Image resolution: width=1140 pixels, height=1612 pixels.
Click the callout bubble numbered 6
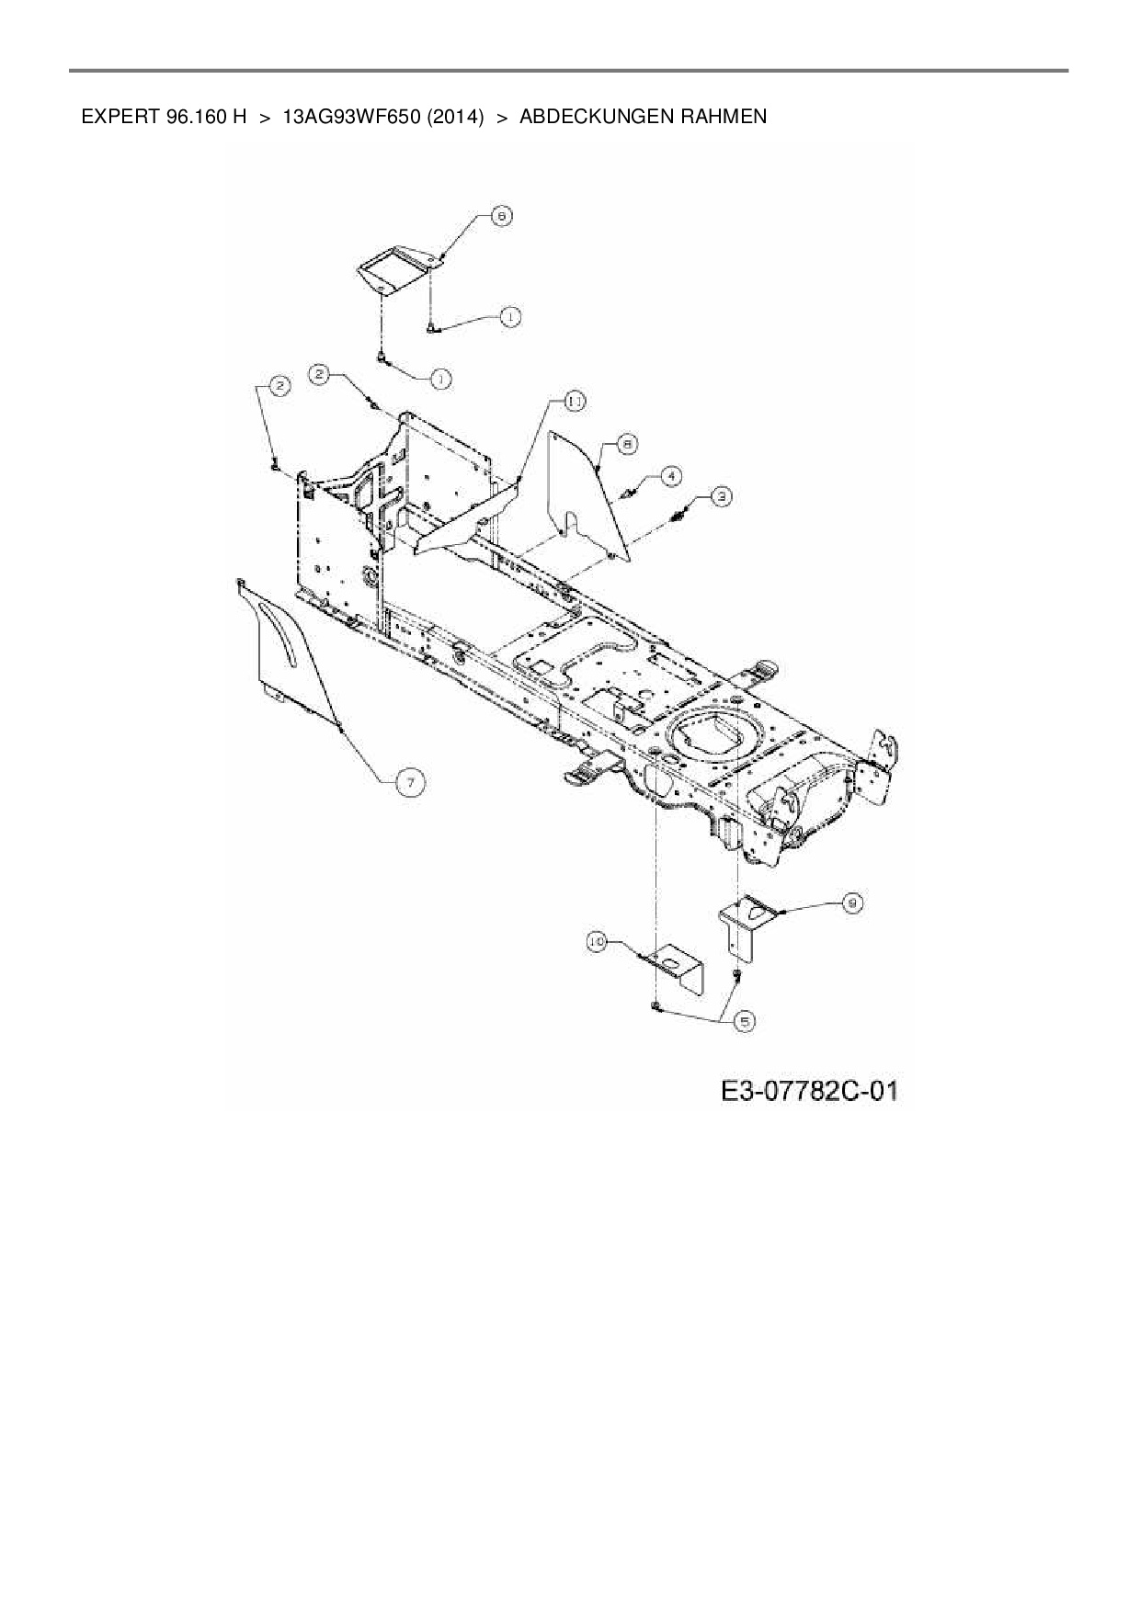[502, 216]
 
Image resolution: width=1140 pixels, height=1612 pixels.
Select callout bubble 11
[575, 401]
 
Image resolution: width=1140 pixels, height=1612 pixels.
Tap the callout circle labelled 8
[626, 444]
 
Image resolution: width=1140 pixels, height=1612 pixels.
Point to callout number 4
[673, 475]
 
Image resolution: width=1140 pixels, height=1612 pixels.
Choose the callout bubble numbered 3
[724, 496]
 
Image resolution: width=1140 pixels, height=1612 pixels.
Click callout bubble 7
[410, 781]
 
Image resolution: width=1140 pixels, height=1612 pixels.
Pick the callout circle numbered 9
[852, 903]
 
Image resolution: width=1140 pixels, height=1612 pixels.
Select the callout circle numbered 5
[743, 1021]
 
